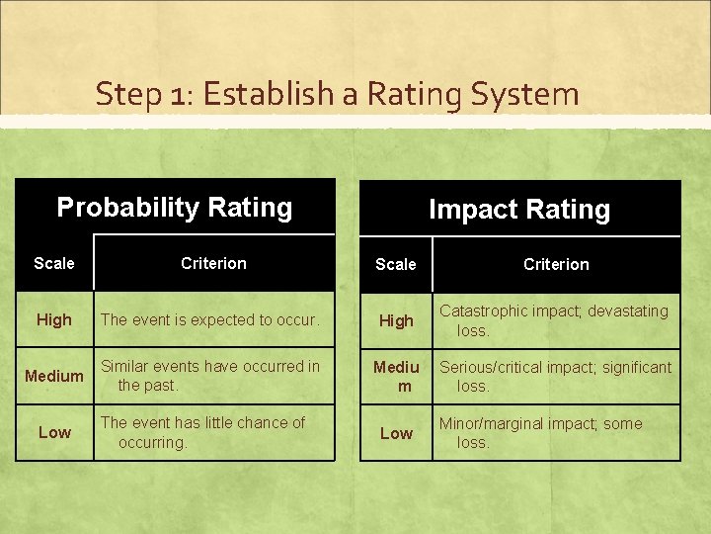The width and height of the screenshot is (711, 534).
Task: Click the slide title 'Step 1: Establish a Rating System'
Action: (337, 94)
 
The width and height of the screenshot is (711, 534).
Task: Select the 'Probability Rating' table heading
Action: (175, 207)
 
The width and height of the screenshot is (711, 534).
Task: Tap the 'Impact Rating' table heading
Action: (518, 209)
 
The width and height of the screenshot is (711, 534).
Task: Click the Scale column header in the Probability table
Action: (53, 263)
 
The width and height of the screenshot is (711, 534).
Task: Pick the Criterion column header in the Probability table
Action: (213, 263)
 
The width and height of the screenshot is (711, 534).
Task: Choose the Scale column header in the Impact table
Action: (396, 264)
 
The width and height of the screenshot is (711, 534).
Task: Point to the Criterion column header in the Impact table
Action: (556, 264)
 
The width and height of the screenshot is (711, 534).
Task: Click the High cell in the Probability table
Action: (53, 319)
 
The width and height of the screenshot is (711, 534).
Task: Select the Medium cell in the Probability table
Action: (54, 376)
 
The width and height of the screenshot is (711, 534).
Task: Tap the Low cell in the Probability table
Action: (54, 432)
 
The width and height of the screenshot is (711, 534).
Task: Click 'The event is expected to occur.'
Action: (209, 319)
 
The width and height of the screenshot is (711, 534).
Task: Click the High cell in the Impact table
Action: (396, 320)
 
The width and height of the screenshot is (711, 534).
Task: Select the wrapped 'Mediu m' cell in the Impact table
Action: (396, 377)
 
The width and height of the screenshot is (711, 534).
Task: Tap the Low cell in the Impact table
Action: (396, 433)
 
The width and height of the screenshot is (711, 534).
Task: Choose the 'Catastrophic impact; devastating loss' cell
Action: (553, 320)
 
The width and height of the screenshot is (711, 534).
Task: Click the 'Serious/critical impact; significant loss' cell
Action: (555, 377)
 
